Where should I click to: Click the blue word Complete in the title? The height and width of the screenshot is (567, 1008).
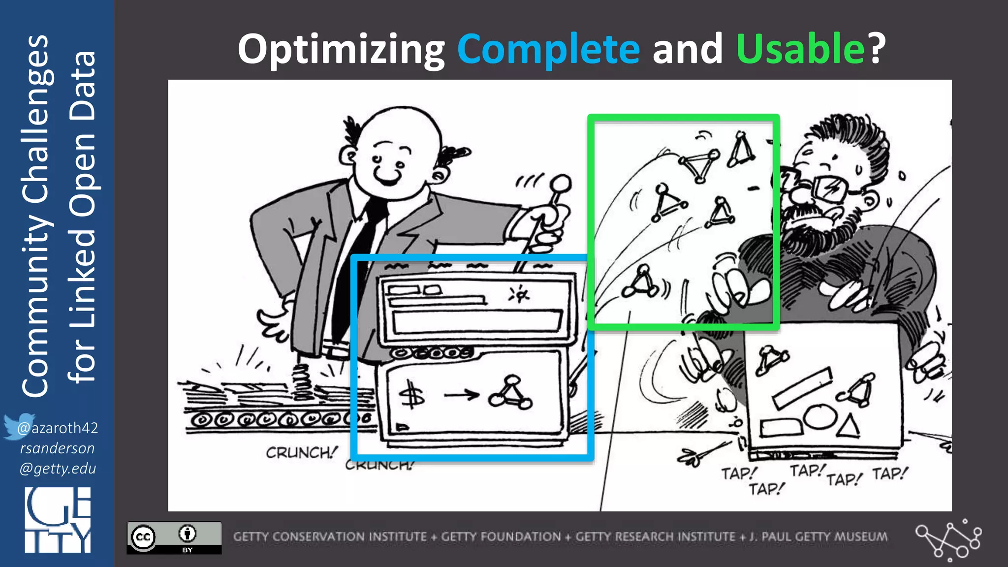click(548, 49)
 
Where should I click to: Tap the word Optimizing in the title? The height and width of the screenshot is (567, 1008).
click(341, 49)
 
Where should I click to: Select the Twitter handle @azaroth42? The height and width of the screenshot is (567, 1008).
click(58, 428)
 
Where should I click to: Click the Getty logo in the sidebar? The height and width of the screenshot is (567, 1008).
click(58, 520)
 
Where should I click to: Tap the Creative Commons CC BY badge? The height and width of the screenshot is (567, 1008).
click(174, 537)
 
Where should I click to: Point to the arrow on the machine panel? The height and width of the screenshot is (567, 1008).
click(461, 395)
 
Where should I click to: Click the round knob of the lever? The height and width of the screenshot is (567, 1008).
click(560, 185)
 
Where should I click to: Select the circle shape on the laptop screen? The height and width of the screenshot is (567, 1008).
click(819, 416)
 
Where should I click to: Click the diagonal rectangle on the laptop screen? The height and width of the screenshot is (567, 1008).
click(802, 388)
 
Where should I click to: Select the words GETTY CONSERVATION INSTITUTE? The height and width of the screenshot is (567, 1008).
click(330, 536)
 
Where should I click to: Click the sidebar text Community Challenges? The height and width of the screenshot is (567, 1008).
click(35, 217)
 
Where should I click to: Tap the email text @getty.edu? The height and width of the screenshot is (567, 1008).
click(58, 468)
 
